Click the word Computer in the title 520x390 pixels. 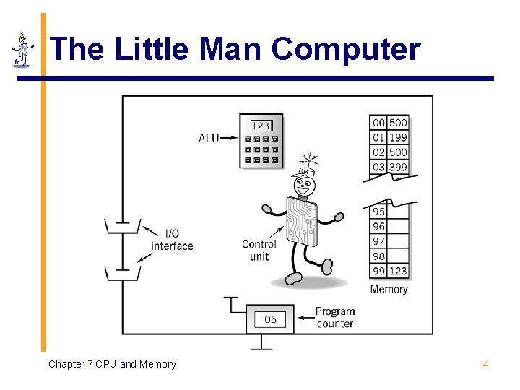click(x=346, y=49)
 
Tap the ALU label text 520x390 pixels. click(x=209, y=137)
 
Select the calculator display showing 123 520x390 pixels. click(x=261, y=126)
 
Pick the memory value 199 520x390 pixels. click(x=399, y=137)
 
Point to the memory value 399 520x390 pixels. click(x=399, y=167)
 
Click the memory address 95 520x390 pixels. click(x=379, y=212)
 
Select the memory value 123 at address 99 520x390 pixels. click(x=399, y=271)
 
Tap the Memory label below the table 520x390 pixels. click(x=389, y=290)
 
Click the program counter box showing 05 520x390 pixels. click(x=270, y=319)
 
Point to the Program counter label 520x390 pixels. click(x=335, y=318)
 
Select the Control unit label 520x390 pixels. click(x=259, y=250)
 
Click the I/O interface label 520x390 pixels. click(x=172, y=240)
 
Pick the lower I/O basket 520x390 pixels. click(x=123, y=273)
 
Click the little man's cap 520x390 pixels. click(x=304, y=173)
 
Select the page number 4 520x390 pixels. click(x=485, y=364)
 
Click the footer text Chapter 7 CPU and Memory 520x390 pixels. click(x=112, y=364)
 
